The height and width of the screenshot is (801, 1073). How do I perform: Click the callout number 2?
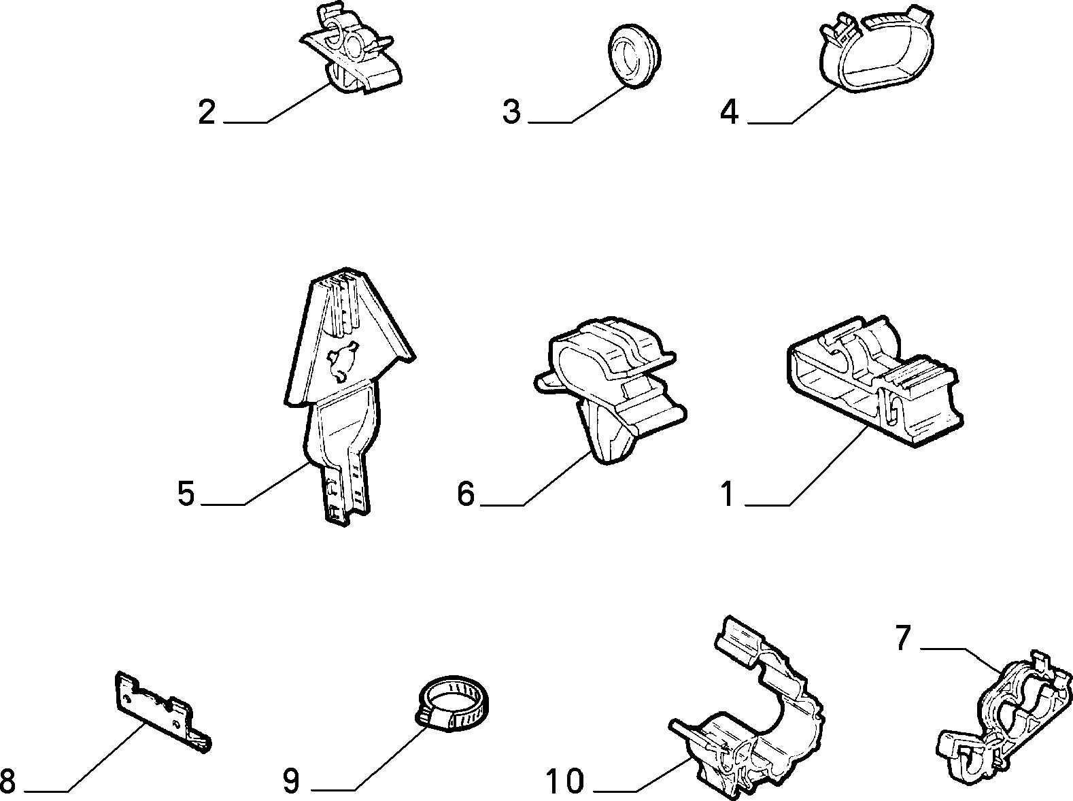pyautogui.click(x=207, y=112)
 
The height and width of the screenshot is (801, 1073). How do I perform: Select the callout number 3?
pyautogui.click(x=512, y=112)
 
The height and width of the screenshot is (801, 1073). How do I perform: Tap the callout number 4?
pyautogui.click(x=730, y=112)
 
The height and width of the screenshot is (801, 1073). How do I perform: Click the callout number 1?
pyautogui.click(x=728, y=494)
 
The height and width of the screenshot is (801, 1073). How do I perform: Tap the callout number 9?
pyautogui.click(x=291, y=781)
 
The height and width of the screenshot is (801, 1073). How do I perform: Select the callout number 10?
pyautogui.click(x=564, y=781)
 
